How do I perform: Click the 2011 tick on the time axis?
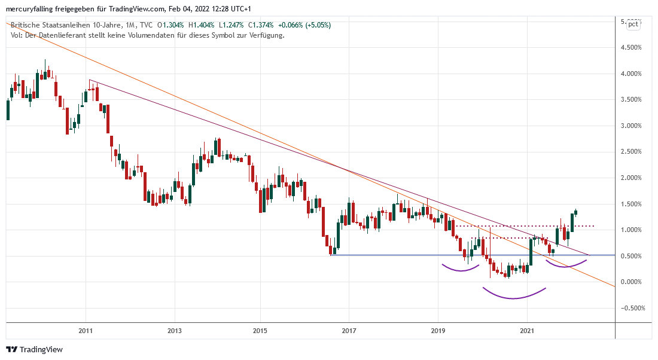86,330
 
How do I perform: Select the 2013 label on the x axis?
174,330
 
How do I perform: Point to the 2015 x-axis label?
260,330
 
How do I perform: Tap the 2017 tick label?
349,330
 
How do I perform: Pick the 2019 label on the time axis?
437,330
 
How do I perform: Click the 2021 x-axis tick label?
526,330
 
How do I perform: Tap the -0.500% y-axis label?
630,309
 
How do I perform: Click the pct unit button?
633,25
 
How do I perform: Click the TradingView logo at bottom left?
34,349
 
